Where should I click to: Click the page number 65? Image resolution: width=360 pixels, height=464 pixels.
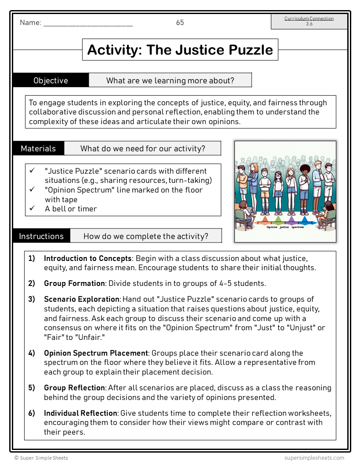pyautogui.click(x=180, y=23)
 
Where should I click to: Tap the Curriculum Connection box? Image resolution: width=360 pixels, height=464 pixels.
pyautogui.click(x=309, y=21)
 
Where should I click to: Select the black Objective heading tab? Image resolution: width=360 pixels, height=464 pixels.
pyautogui.click(x=51, y=80)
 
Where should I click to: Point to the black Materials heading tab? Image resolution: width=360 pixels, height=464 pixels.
pyautogui.click(x=39, y=148)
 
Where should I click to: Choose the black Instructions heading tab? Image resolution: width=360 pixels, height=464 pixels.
pyautogui.click(x=41, y=236)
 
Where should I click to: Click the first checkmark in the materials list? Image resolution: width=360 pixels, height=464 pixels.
pyautogui.click(x=32, y=171)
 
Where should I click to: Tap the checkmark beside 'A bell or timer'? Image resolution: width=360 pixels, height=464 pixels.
pyautogui.click(x=32, y=208)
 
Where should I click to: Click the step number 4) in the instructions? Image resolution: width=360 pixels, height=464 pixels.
pyautogui.click(x=32, y=353)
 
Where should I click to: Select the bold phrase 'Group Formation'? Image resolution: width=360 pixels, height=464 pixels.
pyautogui.click(x=74, y=283)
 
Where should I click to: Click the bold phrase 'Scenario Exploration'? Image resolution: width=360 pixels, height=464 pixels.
pyautogui.click(x=82, y=299)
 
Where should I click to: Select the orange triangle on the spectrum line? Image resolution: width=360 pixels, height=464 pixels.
pyautogui.click(x=264, y=220)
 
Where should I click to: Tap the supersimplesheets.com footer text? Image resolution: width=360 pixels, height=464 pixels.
pyautogui.click(x=314, y=457)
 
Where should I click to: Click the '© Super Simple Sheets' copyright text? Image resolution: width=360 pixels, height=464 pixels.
pyautogui.click(x=41, y=457)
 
